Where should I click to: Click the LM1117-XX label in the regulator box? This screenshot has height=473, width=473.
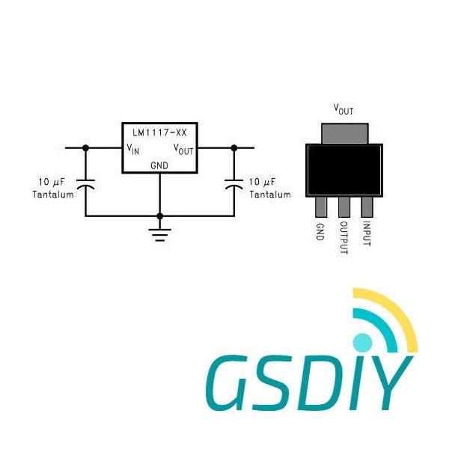point(159,132)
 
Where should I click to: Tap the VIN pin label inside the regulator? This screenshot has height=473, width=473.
point(133,149)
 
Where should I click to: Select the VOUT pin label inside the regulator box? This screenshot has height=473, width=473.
point(183,150)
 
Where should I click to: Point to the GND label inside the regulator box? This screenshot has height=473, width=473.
point(159,165)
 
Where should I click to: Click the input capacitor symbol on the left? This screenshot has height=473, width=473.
point(85,184)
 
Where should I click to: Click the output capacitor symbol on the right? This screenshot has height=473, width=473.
point(234,184)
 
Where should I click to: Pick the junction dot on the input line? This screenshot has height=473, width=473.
point(85,148)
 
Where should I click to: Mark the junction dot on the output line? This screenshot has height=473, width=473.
point(234,148)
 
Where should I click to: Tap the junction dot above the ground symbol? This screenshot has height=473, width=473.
point(160,216)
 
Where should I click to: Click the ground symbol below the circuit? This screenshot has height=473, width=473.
point(160,235)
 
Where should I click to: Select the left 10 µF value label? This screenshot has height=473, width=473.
point(52,182)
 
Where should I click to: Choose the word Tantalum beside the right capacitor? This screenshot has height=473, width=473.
point(270,195)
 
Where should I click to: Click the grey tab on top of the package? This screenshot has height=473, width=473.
point(345,134)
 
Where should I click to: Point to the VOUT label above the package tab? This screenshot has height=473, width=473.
point(344,109)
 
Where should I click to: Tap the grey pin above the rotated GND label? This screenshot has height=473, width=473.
point(321,207)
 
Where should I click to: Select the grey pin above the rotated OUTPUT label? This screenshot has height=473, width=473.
point(344,207)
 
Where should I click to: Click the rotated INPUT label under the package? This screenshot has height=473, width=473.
point(367,234)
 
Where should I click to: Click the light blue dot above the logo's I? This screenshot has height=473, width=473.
point(362,343)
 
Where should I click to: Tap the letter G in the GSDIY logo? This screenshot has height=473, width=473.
point(229,382)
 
